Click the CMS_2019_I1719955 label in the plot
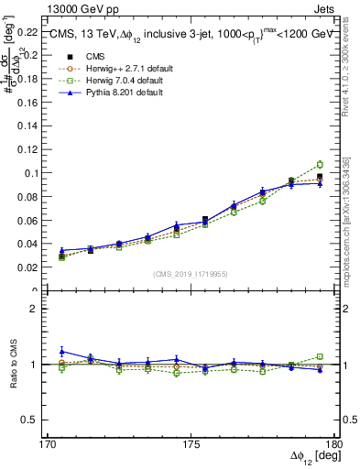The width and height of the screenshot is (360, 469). pyautogui.click(x=191, y=273)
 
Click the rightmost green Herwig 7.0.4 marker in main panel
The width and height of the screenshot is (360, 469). pyautogui.click(x=320, y=165)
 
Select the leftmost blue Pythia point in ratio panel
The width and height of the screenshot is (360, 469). pyautogui.click(x=61, y=351)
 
